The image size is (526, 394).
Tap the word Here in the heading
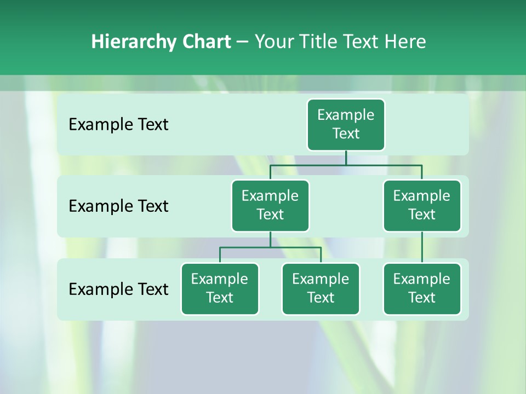pos(405,42)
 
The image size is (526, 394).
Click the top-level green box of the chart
pos(346,125)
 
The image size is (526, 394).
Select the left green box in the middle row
pos(270,206)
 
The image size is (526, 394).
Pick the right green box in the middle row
pos(422,206)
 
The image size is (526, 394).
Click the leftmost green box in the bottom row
pos(220,289)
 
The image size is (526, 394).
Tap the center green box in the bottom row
pos(321,289)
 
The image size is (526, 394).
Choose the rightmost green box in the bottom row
pos(422,289)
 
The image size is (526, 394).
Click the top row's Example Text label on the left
pos(118,125)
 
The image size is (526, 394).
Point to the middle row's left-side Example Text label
pos(118,206)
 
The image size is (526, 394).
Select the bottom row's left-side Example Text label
pos(118,289)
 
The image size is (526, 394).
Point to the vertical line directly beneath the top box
pos(346,158)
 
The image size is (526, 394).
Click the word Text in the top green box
pos(346,134)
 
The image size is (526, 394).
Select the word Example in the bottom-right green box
pos(422,279)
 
